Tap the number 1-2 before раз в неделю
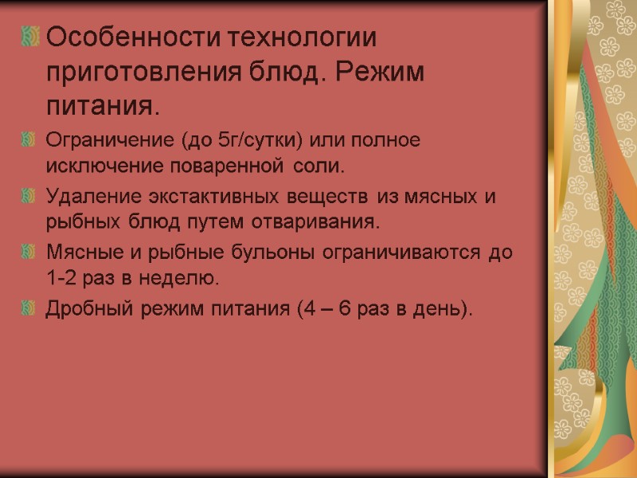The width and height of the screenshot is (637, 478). point(62,278)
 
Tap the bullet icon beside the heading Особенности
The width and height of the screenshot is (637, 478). point(31,37)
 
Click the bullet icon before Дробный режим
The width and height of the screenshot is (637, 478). point(30,308)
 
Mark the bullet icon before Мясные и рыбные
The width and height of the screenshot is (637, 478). point(30,253)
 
